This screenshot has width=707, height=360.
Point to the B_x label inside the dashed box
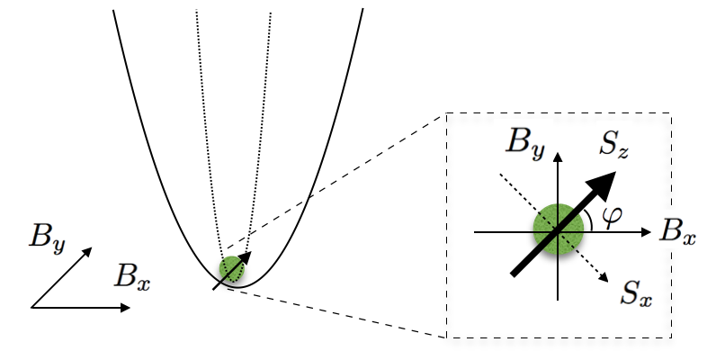click(676, 232)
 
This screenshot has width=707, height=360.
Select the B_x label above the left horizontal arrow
click(132, 276)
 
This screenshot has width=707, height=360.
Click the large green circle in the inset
click(558, 230)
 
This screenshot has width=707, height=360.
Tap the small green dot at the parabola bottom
click(232, 268)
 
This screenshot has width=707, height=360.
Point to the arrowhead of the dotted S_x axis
click(608, 278)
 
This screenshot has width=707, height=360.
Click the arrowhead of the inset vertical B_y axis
click(559, 155)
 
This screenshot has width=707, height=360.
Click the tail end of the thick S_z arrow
click(514, 274)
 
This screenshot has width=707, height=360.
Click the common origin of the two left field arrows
click(31, 308)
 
